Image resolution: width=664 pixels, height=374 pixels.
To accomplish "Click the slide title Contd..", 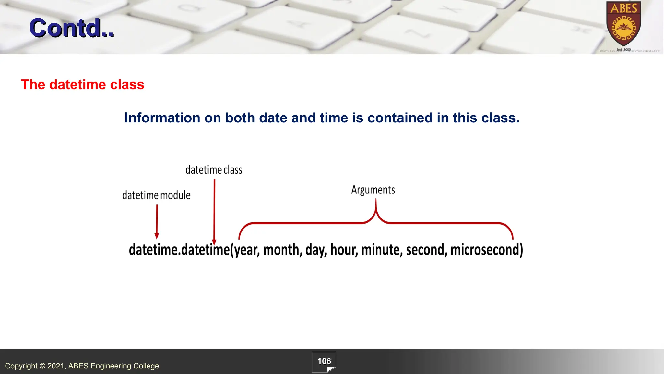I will click(71, 28).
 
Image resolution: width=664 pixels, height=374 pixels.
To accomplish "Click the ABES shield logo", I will click(623, 24).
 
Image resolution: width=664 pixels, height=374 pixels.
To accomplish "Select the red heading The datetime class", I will click(82, 84).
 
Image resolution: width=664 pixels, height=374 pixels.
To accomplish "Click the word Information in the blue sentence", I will click(162, 118).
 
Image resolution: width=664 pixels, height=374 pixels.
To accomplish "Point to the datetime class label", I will click(214, 170).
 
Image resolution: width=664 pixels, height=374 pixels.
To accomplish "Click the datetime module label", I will click(156, 195).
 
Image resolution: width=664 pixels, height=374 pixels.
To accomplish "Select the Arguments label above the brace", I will click(373, 190).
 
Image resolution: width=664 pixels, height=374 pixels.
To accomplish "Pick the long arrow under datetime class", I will click(214, 211).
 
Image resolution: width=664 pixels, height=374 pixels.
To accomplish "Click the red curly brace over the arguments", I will click(376, 222).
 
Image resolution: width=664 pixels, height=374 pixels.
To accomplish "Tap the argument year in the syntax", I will click(246, 250).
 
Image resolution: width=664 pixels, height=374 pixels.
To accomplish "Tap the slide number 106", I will click(324, 361).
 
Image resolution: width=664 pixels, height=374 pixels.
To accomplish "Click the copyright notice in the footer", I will click(82, 366).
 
